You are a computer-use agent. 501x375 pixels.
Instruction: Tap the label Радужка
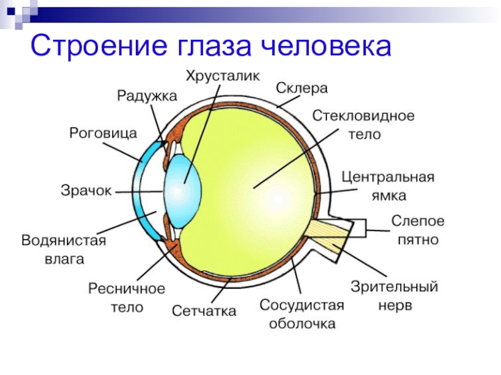[x=147, y=96]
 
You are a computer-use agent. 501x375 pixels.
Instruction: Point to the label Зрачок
[x=86, y=191]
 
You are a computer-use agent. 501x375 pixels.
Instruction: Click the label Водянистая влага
[x=64, y=249]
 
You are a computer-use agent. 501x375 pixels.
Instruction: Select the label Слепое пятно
[x=418, y=230]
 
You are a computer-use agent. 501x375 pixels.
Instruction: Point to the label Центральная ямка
[x=388, y=186]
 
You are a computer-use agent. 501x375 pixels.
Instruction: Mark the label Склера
[x=302, y=88]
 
